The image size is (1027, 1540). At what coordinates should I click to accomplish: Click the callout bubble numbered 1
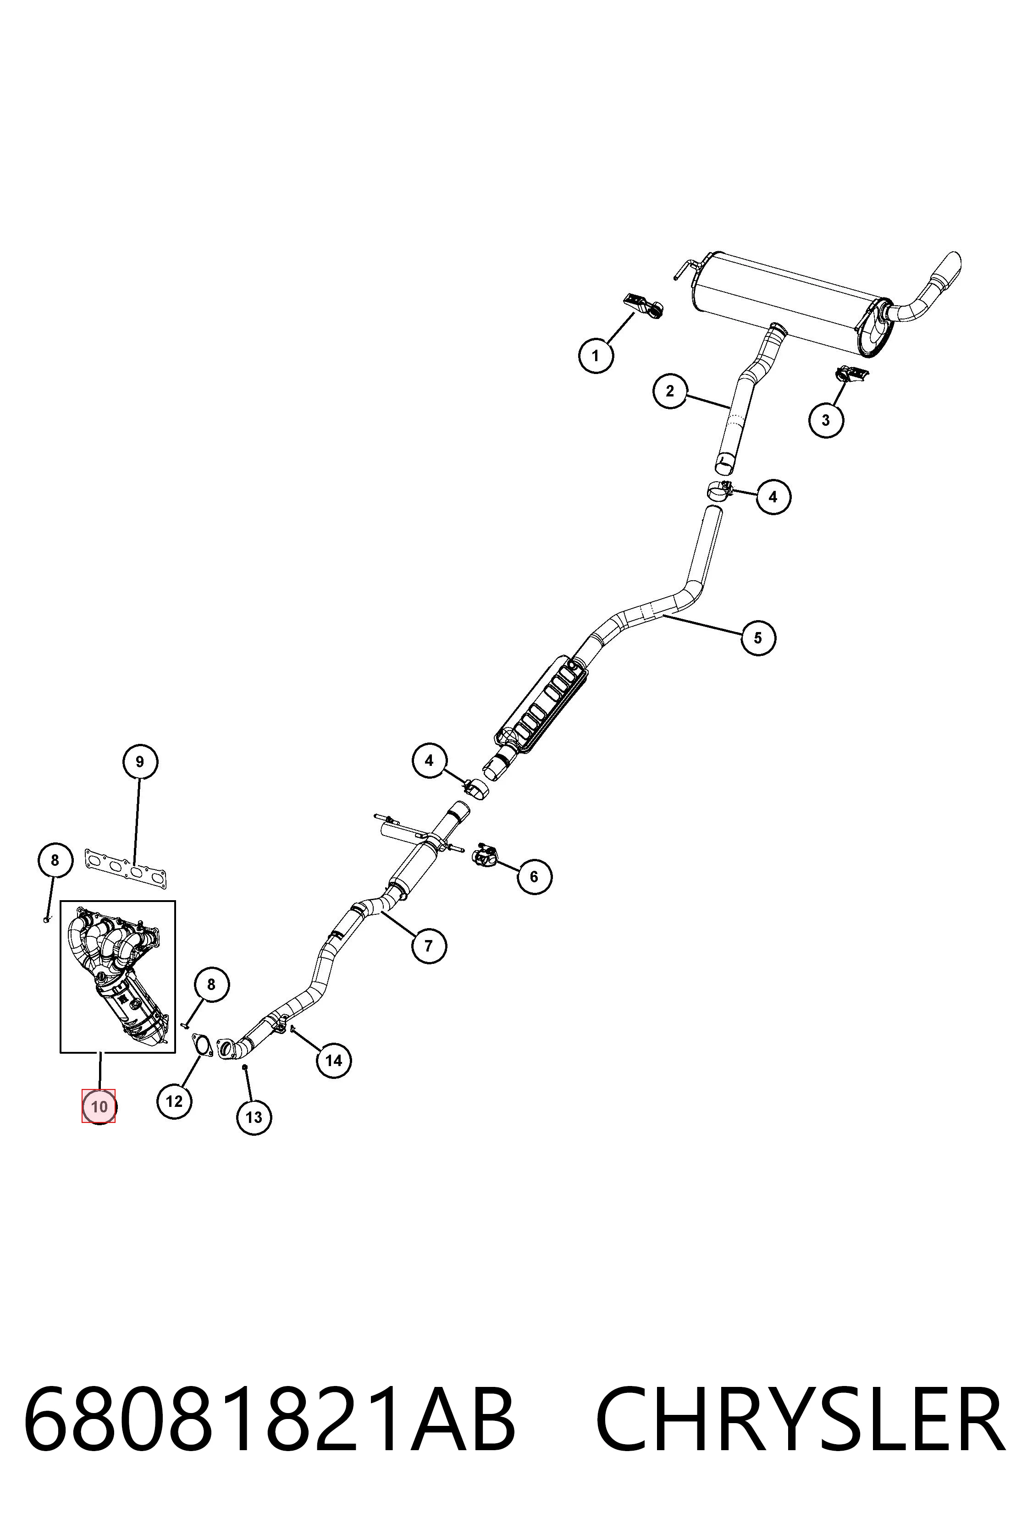click(596, 356)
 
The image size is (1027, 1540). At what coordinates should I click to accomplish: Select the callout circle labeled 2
click(670, 391)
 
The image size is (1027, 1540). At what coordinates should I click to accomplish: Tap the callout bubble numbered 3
click(826, 420)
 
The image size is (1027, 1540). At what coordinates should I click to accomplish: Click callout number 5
click(758, 637)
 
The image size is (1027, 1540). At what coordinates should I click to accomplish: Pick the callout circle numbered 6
click(534, 876)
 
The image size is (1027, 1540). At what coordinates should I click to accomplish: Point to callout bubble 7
click(429, 946)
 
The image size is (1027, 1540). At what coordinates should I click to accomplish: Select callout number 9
click(139, 761)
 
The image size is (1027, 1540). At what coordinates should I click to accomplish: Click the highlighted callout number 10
click(98, 1106)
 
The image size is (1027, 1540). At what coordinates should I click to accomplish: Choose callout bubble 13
click(254, 1117)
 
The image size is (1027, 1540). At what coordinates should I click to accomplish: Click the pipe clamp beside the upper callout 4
click(719, 489)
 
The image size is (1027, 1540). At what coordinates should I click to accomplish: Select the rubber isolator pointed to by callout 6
click(485, 854)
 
